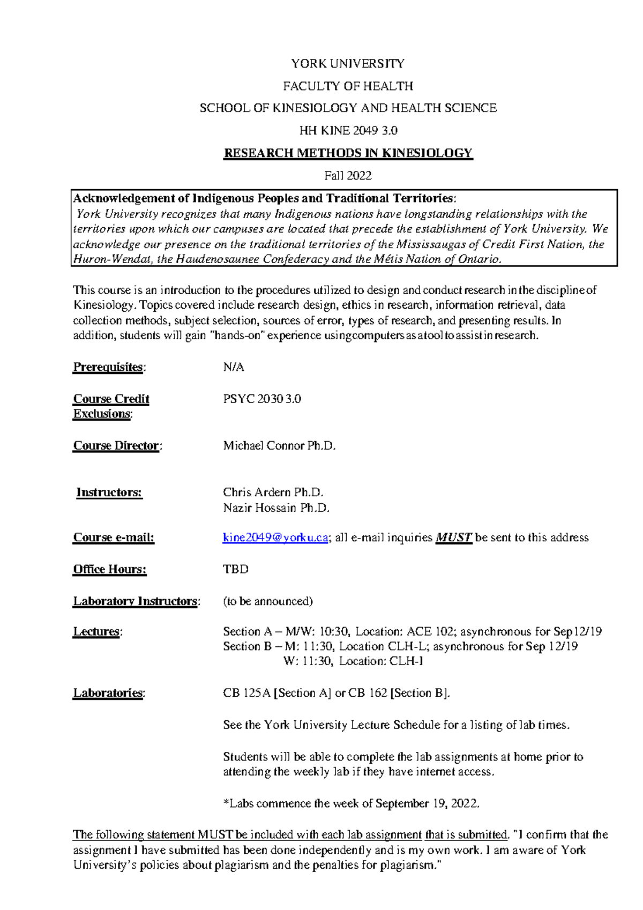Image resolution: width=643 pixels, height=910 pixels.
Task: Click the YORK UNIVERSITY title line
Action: (x=348, y=64)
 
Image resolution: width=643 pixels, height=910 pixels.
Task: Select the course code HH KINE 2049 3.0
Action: (x=348, y=131)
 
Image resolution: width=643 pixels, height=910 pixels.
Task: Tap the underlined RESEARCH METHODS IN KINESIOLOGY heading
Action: (x=348, y=153)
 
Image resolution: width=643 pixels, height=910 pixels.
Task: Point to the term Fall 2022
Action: (x=348, y=176)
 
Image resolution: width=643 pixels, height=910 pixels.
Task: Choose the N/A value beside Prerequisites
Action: (x=234, y=368)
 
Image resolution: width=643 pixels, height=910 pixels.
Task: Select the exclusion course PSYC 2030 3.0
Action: (x=262, y=399)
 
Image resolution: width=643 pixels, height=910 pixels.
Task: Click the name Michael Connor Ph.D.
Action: (x=279, y=446)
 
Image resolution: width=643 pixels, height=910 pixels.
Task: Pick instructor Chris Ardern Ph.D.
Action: (x=273, y=493)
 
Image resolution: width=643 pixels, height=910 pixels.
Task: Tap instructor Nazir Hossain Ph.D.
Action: (x=276, y=508)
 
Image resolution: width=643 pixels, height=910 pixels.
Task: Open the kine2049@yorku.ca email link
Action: (x=275, y=538)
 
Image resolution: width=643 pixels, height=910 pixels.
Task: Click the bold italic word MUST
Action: (x=453, y=538)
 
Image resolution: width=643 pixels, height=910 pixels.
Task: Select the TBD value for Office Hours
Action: (x=236, y=570)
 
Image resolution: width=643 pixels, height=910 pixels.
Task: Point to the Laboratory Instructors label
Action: (x=136, y=601)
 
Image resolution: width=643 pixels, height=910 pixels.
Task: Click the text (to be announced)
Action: (x=268, y=601)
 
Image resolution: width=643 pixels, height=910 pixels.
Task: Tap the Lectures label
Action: (x=97, y=632)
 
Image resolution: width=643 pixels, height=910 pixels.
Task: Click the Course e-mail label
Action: (x=114, y=538)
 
